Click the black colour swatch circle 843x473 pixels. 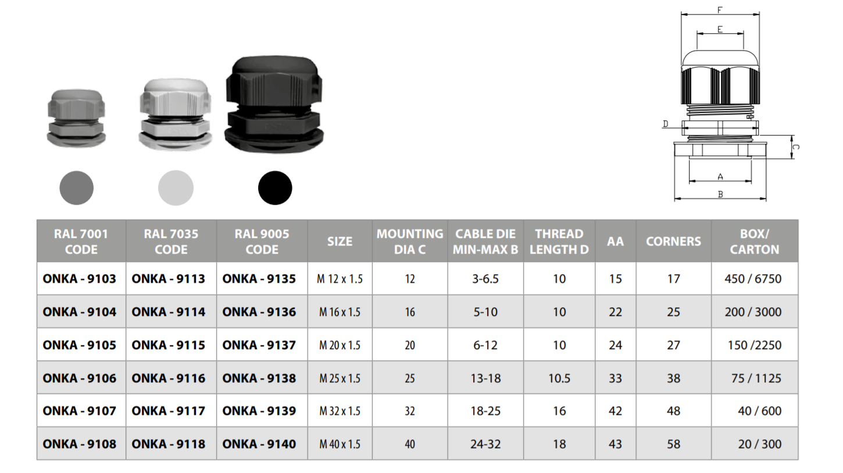(275, 188)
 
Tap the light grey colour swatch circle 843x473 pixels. (176, 188)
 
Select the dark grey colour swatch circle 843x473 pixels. (76, 188)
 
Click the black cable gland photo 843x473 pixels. (274, 104)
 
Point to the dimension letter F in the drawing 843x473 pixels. (720, 10)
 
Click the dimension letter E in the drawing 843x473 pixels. (720, 29)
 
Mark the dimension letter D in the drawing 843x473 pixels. (665, 124)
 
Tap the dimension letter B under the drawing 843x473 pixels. (720, 194)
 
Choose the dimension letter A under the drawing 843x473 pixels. (720, 177)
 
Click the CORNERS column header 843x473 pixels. (673, 241)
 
